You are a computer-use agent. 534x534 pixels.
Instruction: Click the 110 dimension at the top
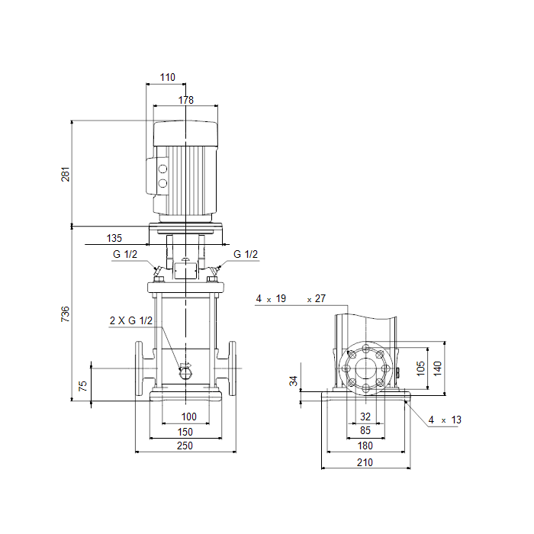[x=168, y=77]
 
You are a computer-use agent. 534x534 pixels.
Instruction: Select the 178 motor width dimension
[x=186, y=100]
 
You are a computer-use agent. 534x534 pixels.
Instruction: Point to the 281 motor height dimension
[x=65, y=174]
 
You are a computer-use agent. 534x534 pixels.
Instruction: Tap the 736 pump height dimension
[x=65, y=314]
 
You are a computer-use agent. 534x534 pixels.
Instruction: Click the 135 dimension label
[x=114, y=238]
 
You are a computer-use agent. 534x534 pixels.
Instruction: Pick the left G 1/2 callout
[x=125, y=254]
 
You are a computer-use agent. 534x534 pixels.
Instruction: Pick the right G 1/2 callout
[x=246, y=254]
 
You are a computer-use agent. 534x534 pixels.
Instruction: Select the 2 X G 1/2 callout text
[x=131, y=320]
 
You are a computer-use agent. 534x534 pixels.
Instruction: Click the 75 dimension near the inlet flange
[x=82, y=386]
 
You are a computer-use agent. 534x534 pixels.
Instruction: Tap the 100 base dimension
[x=188, y=417]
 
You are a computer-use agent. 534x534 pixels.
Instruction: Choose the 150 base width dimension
[x=185, y=432]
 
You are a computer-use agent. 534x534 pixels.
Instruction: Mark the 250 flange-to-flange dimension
[x=185, y=446]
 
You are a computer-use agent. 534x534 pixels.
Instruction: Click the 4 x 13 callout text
[x=445, y=420]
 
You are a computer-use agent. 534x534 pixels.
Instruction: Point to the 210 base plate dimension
[x=365, y=462]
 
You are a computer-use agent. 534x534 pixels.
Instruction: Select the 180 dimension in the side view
[x=365, y=446]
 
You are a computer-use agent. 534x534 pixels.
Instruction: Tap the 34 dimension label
[x=294, y=381]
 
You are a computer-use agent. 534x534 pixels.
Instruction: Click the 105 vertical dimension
[x=421, y=368]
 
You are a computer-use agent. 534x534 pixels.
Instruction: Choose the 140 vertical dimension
[x=438, y=368]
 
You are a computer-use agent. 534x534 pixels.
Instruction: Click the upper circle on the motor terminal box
[x=162, y=169]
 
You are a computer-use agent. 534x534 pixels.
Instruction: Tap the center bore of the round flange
[x=365, y=368]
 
